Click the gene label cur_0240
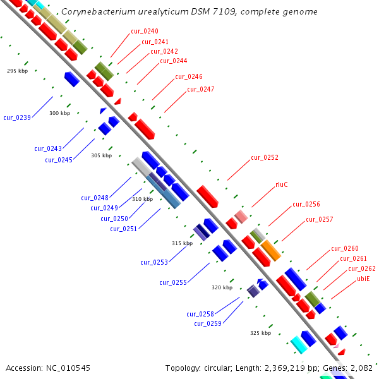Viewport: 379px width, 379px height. tap(145, 31)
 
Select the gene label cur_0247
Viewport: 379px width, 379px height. tap(200, 89)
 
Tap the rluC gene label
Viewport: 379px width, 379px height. tap(282, 185)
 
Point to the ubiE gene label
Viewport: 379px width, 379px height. tap(363, 278)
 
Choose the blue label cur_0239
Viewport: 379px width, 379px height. tap(17, 117)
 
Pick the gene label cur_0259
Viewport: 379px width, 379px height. tap(207, 323)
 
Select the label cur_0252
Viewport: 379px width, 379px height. tap(265, 157)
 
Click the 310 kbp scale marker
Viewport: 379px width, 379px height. tap(142, 199)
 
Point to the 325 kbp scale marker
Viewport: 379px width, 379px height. tap(260, 332)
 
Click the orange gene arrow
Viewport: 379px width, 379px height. tap(270, 250)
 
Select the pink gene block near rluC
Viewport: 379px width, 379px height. tap(241, 217)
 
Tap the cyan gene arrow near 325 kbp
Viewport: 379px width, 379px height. tap(299, 344)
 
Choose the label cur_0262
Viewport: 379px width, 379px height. tap(361, 268)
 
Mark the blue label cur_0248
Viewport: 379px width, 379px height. tap(95, 198)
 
